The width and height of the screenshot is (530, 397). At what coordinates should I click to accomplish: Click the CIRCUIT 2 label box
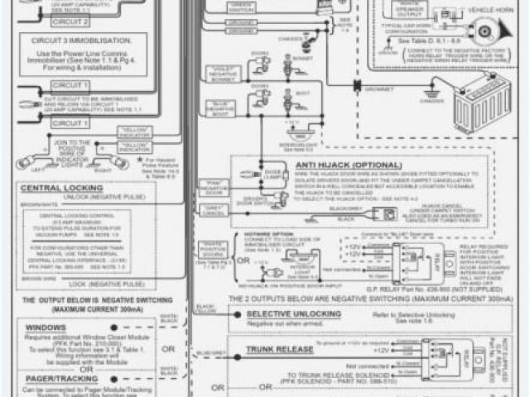46,22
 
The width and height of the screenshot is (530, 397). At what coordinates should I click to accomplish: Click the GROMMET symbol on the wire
356,86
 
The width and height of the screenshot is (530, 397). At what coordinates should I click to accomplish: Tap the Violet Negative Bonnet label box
224,75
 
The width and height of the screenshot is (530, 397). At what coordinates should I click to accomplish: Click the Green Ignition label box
241,9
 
